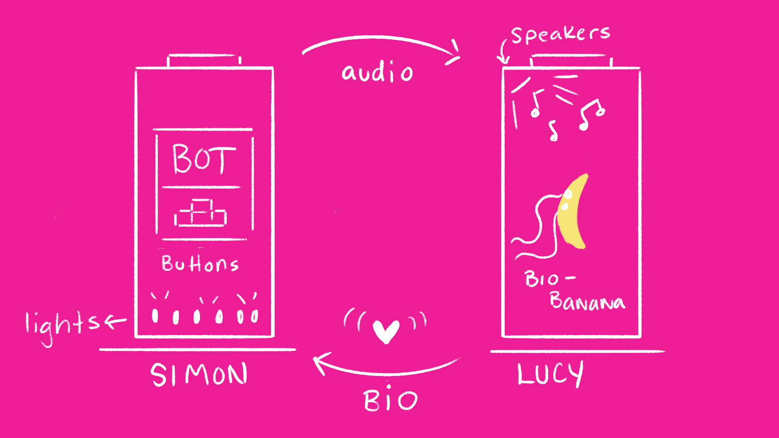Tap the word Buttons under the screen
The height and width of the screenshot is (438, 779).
tap(200, 264)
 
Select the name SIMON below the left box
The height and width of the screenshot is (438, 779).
tap(199, 374)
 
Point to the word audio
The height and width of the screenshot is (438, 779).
tap(377, 73)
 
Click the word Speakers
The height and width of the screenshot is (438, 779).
tap(560, 34)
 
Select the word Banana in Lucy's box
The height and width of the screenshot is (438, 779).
tap(587, 301)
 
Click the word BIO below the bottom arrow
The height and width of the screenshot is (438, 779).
tap(390, 400)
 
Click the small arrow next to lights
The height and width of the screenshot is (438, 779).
tap(116, 322)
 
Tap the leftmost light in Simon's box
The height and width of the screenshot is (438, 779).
tap(155, 316)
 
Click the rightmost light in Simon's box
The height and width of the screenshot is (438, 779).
tap(254, 316)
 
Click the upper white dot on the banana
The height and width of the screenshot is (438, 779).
tap(568, 195)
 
